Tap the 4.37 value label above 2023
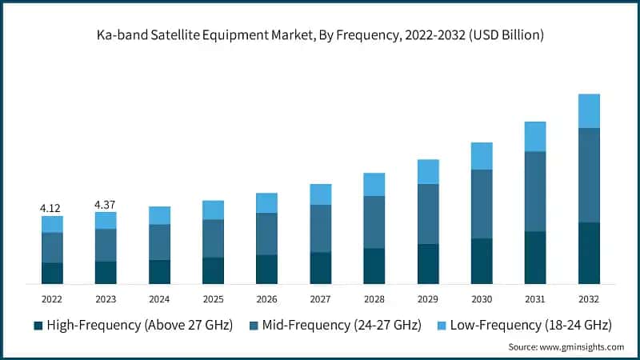tap(106, 205)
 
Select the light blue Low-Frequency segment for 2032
tap(589, 111)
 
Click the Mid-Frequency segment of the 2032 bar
tap(589, 175)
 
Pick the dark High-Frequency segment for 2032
tap(589, 253)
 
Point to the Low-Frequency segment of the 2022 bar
tap(52, 224)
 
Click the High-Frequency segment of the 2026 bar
tap(266, 270)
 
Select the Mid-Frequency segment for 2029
tap(428, 214)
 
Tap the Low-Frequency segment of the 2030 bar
tap(482, 156)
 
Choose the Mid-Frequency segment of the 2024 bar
tap(159, 242)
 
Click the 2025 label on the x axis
tap(213, 298)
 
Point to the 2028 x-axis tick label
tap(374, 298)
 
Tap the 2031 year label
tap(535, 298)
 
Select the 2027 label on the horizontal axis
tap(320, 298)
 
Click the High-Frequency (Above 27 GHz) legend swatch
tap(38, 326)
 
